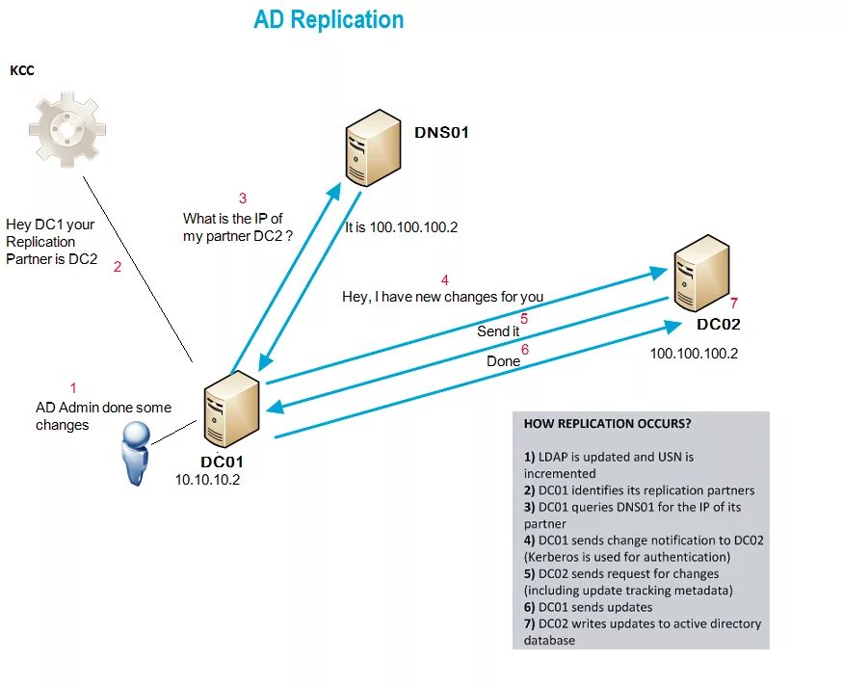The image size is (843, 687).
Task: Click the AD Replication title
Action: pyautogui.click(x=329, y=20)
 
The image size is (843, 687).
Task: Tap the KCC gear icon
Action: pyautogui.click(x=67, y=129)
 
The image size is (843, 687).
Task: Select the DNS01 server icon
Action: pyautogui.click(x=373, y=147)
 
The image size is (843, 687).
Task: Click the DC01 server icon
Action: pyautogui.click(x=232, y=409)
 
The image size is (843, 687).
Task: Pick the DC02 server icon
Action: pyautogui.click(x=701, y=273)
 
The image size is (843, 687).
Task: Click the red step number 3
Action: pyautogui.click(x=243, y=198)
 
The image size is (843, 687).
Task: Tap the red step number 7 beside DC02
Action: pyautogui.click(x=734, y=304)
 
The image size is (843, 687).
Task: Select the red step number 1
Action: pyautogui.click(x=73, y=388)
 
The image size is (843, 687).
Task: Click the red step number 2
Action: pyautogui.click(x=118, y=267)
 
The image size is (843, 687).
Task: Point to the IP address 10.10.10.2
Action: pyautogui.click(x=207, y=480)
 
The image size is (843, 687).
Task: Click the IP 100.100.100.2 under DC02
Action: pyautogui.click(x=694, y=354)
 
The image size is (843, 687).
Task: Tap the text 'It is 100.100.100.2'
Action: pyautogui.click(x=401, y=227)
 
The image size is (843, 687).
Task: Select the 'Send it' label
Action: pyautogui.click(x=498, y=331)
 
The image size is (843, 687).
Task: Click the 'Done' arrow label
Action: pyautogui.click(x=503, y=361)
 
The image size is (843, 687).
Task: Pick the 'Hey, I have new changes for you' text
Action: pyautogui.click(x=442, y=297)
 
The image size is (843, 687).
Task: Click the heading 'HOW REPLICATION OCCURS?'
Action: pyautogui.click(x=607, y=424)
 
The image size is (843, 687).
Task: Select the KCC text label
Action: pyautogui.click(x=22, y=70)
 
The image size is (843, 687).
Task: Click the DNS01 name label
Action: pyautogui.click(x=441, y=132)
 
